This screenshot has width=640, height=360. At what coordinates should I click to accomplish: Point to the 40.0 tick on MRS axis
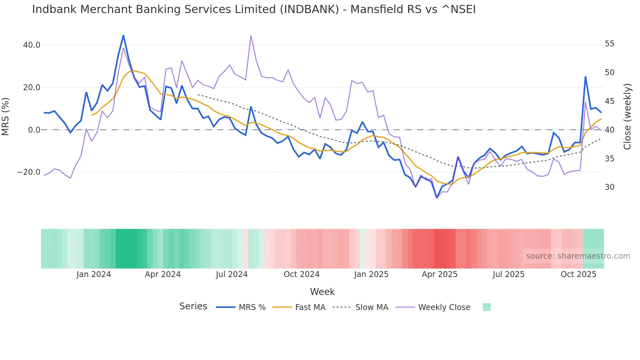point(32,45)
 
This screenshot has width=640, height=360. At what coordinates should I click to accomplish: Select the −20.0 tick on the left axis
point(29,172)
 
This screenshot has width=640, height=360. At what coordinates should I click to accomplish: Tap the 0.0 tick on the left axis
point(34,130)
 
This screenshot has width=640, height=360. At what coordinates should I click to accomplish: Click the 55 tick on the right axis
point(609,44)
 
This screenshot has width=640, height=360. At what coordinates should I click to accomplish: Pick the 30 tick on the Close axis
point(609,187)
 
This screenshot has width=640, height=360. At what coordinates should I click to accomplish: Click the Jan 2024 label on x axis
point(94,274)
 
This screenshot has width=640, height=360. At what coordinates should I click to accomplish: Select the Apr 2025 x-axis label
point(440,274)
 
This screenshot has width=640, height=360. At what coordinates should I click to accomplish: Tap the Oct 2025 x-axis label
point(578,274)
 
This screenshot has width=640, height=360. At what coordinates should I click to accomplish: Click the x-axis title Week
point(322,292)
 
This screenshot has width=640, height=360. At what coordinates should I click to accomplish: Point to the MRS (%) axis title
point(6,117)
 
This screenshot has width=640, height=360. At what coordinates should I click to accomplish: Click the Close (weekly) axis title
point(627,117)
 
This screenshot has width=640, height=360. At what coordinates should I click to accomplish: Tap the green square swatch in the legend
point(487,307)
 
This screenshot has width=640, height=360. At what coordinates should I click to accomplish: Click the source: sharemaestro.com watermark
point(578,256)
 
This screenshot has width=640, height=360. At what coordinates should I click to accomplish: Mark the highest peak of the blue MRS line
point(123,35)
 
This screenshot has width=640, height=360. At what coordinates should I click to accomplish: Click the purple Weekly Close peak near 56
point(251,35)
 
